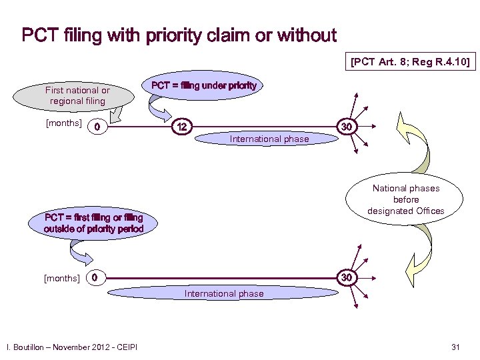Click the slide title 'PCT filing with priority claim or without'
[179, 35]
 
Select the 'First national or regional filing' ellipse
[77, 95]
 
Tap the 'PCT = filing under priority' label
[203, 86]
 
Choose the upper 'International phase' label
[269, 139]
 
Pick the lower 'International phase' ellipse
[223, 293]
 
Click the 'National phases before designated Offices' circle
[406, 199]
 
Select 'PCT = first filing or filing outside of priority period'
[93, 223]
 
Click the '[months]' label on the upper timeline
[63, 123]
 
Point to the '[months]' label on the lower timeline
[62, 277]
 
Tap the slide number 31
[456, 346]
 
